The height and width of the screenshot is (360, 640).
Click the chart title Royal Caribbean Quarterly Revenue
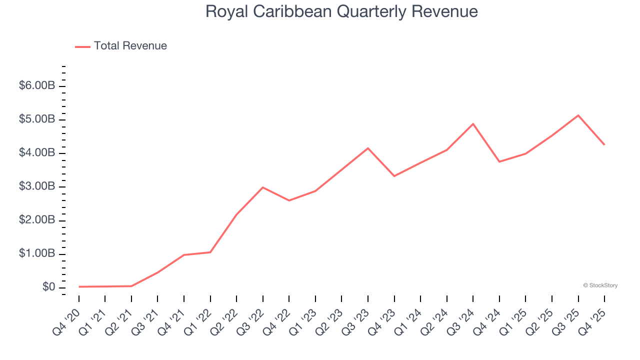pos(341,11)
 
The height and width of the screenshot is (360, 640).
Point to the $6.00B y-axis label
pos(36,85)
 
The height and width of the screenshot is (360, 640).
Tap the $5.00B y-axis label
pos(36,119)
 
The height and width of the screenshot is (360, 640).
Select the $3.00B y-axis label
pos(36,186)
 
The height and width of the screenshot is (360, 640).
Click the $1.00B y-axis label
pos(36,253)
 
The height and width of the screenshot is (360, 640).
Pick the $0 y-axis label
pos(49,287)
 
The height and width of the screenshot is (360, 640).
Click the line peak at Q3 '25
pos(578,115)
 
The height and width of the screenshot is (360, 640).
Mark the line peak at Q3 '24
pos(473,123)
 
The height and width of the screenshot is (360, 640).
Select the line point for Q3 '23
pos(368,148)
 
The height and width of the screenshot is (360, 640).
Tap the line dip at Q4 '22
pos(289,200)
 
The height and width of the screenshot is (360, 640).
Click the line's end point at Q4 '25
pos(604,144)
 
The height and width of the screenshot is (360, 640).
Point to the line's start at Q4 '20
pos(79,286)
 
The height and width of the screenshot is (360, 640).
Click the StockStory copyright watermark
pos(600,285)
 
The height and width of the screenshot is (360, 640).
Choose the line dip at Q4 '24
pos(499,161)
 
